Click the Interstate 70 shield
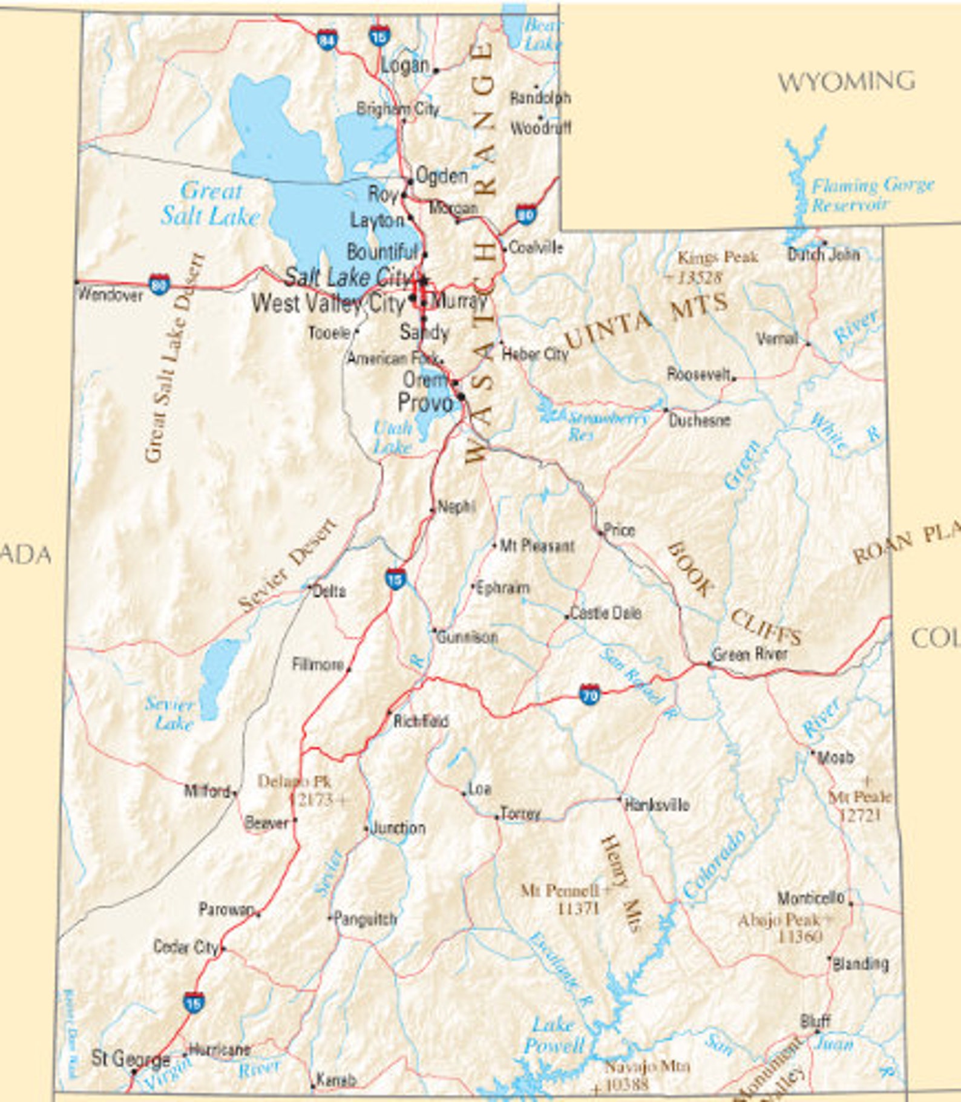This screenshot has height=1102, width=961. pos(589,695)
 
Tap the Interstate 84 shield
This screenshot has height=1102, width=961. pos(327,41)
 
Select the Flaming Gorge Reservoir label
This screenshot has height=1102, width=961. pos(872,194)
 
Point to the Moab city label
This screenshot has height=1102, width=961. pos(836,757)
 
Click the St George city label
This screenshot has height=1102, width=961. pos(130,1058)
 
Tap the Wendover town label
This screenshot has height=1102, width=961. pos(111,295)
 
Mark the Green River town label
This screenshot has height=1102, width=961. pos(750,654)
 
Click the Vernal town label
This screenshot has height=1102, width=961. pos(777,339)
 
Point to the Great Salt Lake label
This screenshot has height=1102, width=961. pos(210,204)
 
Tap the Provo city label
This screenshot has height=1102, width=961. pos(425,402)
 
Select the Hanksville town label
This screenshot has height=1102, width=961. pos(657,805)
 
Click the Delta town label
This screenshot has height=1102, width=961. pos(330,591)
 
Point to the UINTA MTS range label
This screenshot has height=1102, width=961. pos(646,321)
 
